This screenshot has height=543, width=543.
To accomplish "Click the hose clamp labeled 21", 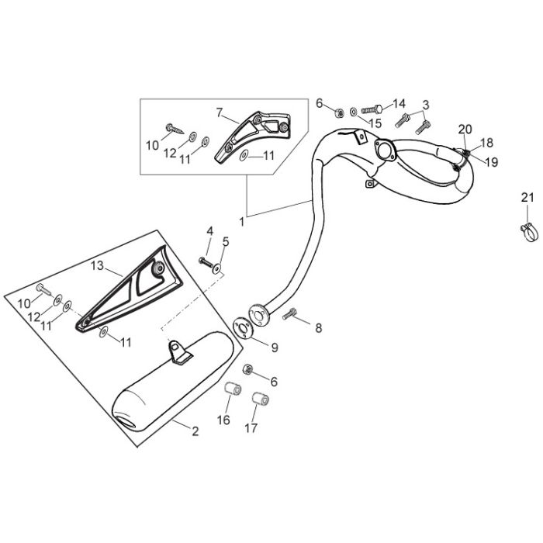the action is tap(530, 232).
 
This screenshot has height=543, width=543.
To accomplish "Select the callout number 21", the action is tap(527, 198).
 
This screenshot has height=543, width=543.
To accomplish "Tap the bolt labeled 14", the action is tap(372, 109).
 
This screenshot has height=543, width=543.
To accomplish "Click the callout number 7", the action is tap(220, 113).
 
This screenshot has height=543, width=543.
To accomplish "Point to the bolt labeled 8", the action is tap(289, 314).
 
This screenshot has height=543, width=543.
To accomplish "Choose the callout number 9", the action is tap(275, 348).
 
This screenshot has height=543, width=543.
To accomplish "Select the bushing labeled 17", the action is tap(261, 399).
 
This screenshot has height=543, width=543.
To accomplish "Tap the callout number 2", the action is tap(195, 431).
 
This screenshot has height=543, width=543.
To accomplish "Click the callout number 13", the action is tap(97, 266).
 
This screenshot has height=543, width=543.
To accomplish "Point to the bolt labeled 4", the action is tap(206, 261).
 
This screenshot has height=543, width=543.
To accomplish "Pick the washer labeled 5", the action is tap(217, 268).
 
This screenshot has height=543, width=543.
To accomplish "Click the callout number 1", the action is tap(242, 222).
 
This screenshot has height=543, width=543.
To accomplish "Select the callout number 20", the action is tap(465, 130).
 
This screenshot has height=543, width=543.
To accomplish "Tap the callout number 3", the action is tap(426, 105).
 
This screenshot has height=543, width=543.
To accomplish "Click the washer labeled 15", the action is tap(354, 112).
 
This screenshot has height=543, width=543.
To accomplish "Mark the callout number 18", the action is tap(486, 143).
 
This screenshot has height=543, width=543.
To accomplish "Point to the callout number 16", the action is tap(223, 420).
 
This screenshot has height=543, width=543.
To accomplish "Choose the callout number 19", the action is tap(491, 162).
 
